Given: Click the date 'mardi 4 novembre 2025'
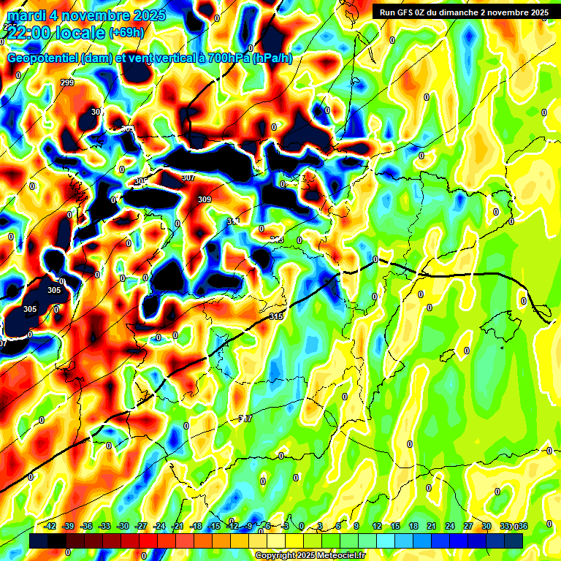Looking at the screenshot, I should click(x=86, y=15).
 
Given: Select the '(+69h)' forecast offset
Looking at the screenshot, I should click(x=127, y=32).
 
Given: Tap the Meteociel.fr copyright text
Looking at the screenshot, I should click(x=310, y=555).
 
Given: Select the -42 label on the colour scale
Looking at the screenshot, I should click(x=50, y=526).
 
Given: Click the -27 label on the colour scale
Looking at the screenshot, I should click(x=141, y=526).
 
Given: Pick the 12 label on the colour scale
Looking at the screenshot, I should click(x=377, y=526).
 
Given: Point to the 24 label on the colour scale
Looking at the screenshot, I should click(x=450, y=526).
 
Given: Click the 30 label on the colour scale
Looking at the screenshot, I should click(x=486, y=526).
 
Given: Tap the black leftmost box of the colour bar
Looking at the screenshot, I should click(x=39, y=541).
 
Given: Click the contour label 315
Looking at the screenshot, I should click(x=275, y=316).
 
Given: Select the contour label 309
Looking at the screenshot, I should click(x=205, y=199).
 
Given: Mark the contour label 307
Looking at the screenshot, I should click(x=188, y=178).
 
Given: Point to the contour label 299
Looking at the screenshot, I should click(x=67, y=83).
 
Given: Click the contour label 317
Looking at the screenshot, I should click(x=246, y=419).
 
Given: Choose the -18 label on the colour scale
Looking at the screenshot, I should click(x=196, y=526).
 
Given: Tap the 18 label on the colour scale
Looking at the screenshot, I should click(x=413, y=526).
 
